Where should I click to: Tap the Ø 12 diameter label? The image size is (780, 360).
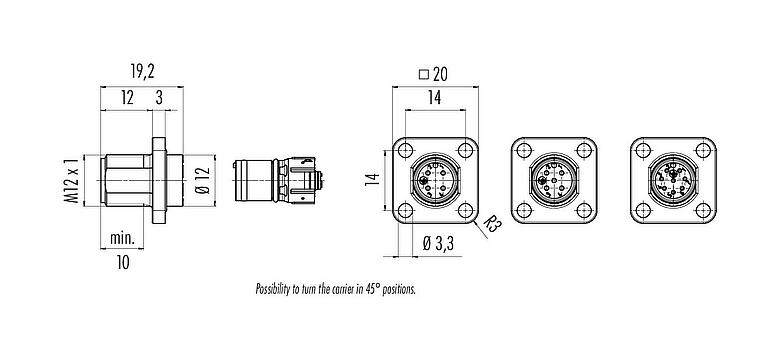point(201,176)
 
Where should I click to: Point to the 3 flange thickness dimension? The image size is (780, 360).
point(160,98)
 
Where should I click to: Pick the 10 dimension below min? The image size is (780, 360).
point(123,262)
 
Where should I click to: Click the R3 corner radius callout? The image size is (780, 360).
point(493,226)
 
